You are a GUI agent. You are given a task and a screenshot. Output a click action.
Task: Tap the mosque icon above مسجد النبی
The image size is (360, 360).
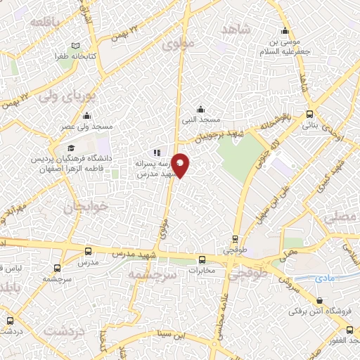point(201,109)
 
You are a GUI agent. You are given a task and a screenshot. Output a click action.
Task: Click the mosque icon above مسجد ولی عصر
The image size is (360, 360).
point(86,115)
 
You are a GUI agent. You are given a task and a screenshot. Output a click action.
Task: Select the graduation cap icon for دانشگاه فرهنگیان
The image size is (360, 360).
point(70,148)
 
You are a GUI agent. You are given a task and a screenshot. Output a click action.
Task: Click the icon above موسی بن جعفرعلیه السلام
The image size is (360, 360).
point(284,31)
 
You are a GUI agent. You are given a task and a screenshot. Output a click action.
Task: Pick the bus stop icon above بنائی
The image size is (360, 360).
point(310,115)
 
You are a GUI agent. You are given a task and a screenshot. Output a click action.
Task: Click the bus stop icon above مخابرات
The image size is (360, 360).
point(202,259)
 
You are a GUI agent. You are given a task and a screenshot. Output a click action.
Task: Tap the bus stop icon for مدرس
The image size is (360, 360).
point(87,251)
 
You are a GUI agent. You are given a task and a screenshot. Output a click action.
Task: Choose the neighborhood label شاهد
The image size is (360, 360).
point(236,29)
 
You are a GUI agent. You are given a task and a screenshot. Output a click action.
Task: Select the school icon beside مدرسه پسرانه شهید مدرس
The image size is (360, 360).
point(157,152)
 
